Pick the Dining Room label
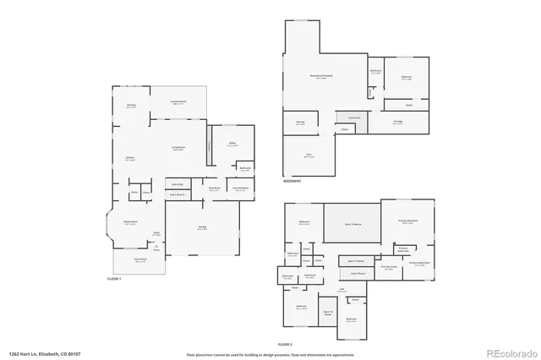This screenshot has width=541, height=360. click(130, 223)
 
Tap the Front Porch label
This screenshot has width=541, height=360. click(140, 259)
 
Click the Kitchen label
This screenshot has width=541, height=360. click(131, 159)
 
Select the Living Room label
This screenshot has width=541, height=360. click(179, 149)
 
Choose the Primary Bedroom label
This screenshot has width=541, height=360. click(407, 221)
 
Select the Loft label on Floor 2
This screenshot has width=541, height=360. click(342, 292)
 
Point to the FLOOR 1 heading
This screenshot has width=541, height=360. click(114, 279)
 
